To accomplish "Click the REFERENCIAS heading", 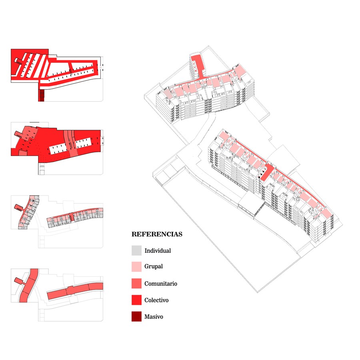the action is click(x=157, y=234).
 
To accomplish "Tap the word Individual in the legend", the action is click(x=158, y=250).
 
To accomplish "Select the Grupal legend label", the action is click(x=153, y=266).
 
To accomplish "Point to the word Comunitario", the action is click(x=161, y=284).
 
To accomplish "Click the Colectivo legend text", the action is click(x=156, y=300).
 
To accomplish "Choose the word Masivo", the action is click(x=154, y=317).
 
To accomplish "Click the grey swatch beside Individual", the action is click(x=136, y=250).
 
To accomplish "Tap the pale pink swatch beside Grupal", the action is click(x=136, y=267).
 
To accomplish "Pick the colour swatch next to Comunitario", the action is click(x=136, y=283).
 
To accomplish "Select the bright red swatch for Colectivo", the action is click(x=136, y=300).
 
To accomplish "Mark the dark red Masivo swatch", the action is click(x=136, y=316).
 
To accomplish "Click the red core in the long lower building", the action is click(x=267, y=172).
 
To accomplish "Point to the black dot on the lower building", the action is click(x=259, y=177).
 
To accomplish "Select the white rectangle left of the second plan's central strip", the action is click(x=58, y=149).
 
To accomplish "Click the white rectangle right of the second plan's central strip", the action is click(x=83, y=142).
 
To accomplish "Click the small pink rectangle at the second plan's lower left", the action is click(x=22, y=153).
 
